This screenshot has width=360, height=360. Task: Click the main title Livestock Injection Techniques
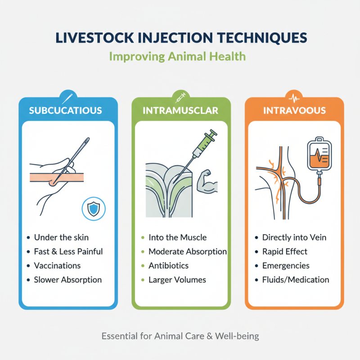click(180, 38)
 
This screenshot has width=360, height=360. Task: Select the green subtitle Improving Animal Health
click(180, 57)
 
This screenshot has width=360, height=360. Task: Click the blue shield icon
click(93, 210)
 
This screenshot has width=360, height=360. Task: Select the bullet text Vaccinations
click(57, 265)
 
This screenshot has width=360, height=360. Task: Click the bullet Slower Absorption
click(67, 280)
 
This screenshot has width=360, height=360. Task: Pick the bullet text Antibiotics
click(168, 265)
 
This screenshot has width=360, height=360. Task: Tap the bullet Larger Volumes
click(177, 280)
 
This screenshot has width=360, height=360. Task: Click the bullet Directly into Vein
click(294, 237)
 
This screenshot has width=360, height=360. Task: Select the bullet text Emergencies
click(285, 265)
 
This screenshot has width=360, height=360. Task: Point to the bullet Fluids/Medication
click(295, 280)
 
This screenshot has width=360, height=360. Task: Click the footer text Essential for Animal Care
click(180, 336)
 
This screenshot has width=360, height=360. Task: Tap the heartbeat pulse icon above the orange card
click(295, 96)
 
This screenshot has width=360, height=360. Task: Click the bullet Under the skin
click(61, 237)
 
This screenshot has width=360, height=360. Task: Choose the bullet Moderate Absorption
click(187, 251)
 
